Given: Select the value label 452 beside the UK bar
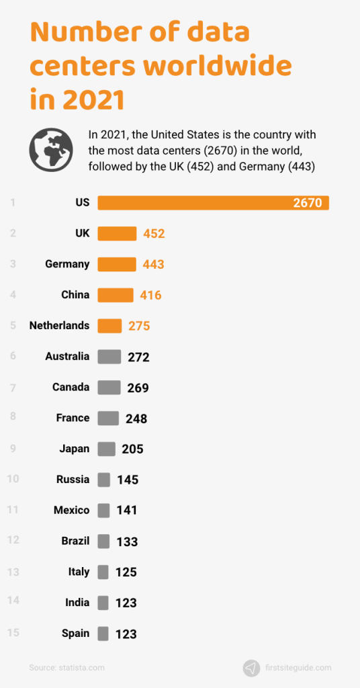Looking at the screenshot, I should coord(153,234).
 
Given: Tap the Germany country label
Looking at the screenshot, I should coord(67,264).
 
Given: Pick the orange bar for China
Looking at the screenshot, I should coord(116,295).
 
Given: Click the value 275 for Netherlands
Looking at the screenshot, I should coord(139,326).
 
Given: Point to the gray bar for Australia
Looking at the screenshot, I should coord(109,357).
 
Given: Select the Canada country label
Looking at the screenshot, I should coord(71,387).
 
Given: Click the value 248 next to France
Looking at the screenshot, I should coord(136,419).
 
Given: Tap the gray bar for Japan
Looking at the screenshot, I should coord(106,449).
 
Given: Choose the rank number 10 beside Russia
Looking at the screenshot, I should coord(13,479).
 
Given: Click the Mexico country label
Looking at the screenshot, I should coord(71,511).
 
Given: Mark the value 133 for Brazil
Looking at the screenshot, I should coord(126,542).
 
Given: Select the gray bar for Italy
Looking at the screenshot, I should coord(103,572).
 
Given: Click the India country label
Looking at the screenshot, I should coord(77,603).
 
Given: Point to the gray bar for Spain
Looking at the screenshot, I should coord(103,634).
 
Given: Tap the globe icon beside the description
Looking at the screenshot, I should coord(51,149).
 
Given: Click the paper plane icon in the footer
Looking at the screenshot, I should coord(251,668).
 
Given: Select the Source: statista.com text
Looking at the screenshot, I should coord(66,668).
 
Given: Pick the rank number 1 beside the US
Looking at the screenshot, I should coord(13,202).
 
